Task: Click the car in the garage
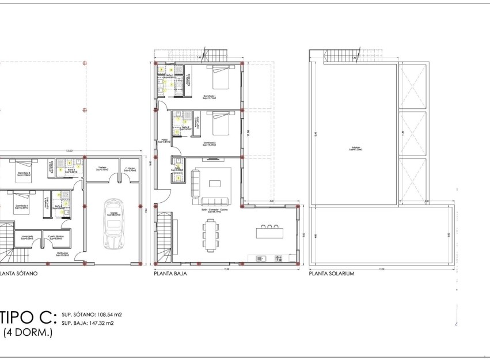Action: pos(112,224)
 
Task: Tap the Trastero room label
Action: pos(101,169)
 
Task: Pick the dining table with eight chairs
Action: pos(211,236)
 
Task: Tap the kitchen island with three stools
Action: pos(269,232)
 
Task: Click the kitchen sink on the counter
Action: pos(260,258)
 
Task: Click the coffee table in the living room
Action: pos(214,184)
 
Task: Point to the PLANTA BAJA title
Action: pos(170,274)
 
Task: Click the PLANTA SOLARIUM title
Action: pos(332,274)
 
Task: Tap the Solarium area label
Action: pos(354,148)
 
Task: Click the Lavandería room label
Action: pos(26,237)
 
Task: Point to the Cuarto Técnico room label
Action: pos(55,237)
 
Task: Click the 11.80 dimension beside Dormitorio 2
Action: pos(249,132)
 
